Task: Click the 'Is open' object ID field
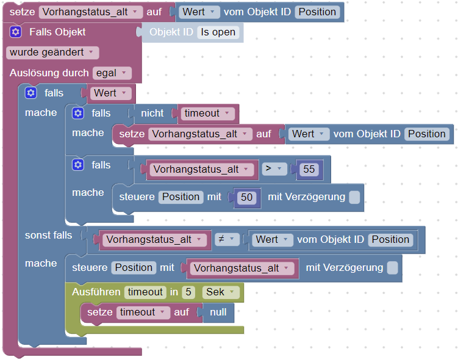pyautogui.click(x=218, y=32)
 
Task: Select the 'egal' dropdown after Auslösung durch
pyautogui.click(x=112, y=73)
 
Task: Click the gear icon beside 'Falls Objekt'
pyautogui.click(x=16, y=32)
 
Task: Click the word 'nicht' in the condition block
pyautogui.click(x=152, y=113)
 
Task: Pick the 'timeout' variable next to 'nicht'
pyautogui.click(x=207, y=113)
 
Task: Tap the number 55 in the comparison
pyautogui.click(x=309, y=169)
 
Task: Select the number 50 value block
pyautogui.click(x=247, y=197)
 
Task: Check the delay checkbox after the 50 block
pyautogui.click(x=354, y=197)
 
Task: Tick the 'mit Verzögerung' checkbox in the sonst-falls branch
pyautogui.click(x=392, y=268)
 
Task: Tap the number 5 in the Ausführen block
pyautogui.click(x=188, y=292)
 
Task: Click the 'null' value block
pyautogui.click(x=218, y=312)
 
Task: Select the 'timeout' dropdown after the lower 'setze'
pyautogui.click(x=143, y=312)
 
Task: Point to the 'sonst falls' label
pyautogui.click(x=48, y=236)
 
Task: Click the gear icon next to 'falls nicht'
pyautogui.click(x=77, y=113)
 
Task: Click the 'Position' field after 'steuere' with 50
pyautogui.click(x=181, y=197)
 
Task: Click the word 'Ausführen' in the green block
pyautogui.click(x=96, y=292)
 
